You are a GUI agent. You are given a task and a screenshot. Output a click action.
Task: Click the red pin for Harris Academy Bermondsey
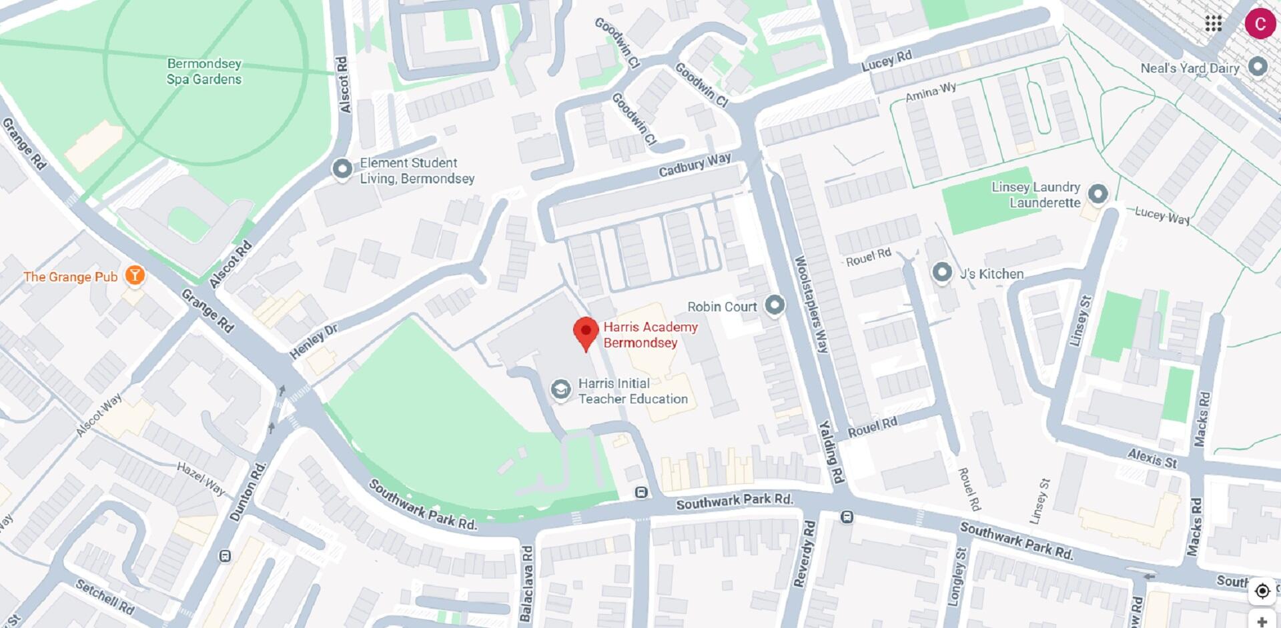point(586,331)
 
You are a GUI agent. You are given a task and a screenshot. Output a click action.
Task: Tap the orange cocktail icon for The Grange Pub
point(135,275)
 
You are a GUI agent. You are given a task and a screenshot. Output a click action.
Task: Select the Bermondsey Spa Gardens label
point(204,71)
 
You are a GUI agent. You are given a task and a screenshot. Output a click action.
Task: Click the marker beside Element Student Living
point(342,169)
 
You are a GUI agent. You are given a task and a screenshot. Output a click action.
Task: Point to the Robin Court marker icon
point(774,305)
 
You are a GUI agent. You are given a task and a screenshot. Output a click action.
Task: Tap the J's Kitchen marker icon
point(942,272)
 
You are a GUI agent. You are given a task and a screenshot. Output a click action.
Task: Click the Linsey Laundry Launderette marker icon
point(1098,194)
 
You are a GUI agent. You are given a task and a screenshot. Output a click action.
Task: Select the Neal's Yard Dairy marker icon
point(1258,66)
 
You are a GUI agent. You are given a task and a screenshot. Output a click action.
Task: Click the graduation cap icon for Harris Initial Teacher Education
point(560,390)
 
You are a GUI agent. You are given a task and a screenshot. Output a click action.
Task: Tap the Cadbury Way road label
point(695,165)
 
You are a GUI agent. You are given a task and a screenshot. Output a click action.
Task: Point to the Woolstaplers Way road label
point(811,304)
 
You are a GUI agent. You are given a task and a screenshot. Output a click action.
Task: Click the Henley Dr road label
point(314,341)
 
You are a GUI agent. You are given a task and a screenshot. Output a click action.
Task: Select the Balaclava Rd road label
point(526,584)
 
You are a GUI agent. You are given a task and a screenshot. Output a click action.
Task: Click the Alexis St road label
point(1153,458)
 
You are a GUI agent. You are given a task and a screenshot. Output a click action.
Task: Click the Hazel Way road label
point(201,478)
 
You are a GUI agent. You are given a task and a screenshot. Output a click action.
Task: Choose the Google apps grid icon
point(1213,24)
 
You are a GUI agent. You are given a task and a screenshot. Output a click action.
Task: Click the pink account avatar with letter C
point(1259,24)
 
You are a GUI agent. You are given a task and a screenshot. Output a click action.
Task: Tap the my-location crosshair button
point(1262,591)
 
